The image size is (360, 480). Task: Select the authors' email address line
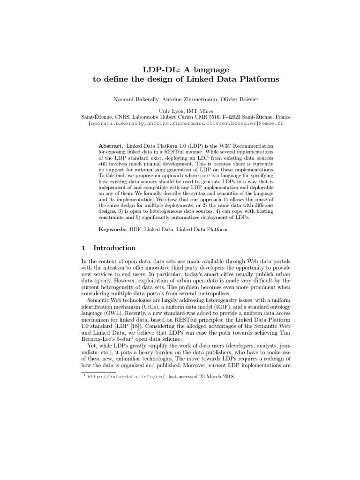coord(180,123)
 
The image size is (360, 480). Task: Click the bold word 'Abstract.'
coord(112,146)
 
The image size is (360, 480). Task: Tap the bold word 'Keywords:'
coord(113,229)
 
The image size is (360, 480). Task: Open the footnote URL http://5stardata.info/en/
coord(124,376)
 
